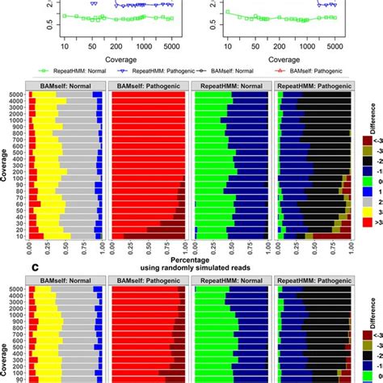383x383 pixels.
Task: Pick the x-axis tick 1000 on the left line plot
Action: [139, 48]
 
